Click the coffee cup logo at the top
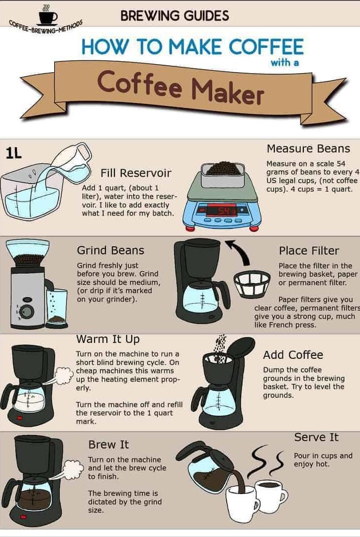click(48, 15)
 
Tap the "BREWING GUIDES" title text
click(175, 15)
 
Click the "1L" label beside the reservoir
click(14, 153)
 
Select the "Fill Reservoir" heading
click(136, 173)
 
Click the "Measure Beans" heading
click(308, 149)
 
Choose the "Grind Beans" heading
click(110, 250)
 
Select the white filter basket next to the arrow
click(252, 284)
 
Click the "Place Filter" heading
click(309, 251)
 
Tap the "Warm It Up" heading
click(108, 339)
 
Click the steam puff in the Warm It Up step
click(64, 375)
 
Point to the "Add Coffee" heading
click(293, 355)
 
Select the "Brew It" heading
click(108, 444)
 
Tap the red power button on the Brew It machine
click(23, 517)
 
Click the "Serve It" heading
click(316, 437)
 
